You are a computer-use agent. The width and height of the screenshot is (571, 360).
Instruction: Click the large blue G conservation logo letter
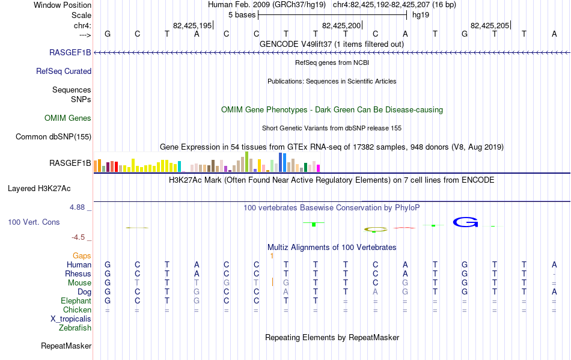click(465, 222)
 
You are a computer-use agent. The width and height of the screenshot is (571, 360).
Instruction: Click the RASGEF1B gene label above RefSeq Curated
click(70, 52)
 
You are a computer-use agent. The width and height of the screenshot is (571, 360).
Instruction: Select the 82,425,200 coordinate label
click(341, 25)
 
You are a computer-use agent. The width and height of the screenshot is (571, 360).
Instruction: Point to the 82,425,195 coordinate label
click(192, 25)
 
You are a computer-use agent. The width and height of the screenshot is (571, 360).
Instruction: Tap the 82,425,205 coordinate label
click(490, 25)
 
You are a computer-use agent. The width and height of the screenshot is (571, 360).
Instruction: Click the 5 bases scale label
click(242, 15)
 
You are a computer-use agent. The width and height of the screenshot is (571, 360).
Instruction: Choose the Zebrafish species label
click(75, 328)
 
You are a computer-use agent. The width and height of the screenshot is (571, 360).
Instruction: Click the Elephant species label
click(76, 301)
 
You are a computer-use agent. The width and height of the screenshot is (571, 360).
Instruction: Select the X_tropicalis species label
click(71, 319)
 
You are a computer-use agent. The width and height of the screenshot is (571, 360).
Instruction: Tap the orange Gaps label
click(82, 256)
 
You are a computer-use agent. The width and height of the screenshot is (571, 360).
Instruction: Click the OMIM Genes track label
click(68, 118)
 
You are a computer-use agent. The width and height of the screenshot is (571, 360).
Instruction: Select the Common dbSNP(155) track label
click(53, 137)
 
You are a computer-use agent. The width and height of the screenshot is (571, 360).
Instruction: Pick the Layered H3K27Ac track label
click(39, 189)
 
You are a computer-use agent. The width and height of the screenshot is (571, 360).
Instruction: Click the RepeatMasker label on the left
click(66, 346)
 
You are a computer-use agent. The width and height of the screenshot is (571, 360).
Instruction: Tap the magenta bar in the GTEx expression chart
click(319, 168)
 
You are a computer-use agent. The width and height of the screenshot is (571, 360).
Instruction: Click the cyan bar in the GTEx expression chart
click(180, 166)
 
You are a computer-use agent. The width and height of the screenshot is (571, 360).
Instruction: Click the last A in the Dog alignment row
click(554, 292)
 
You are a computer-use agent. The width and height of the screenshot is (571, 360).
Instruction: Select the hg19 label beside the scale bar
click(421, 15)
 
